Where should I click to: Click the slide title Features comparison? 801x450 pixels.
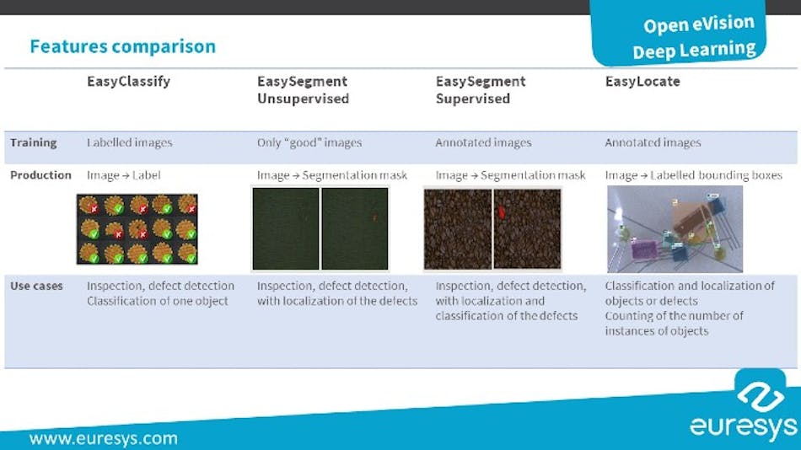click(x=123, y=46)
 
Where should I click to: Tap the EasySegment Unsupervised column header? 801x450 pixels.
click(x=303, y=90)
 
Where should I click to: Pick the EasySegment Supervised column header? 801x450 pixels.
click(x=480, y=90)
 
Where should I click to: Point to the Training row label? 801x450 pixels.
click(x=34, y=142)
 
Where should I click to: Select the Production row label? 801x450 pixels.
click(x=40, y=175)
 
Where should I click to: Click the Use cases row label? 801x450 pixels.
click(x=36, y=286)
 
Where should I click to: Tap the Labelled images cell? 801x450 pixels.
click(x=129, y=142)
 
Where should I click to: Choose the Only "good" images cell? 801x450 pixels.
click(x=309, y=142)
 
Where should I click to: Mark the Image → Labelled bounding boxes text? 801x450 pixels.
click(x=693, y=175)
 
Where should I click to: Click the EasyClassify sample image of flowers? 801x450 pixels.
click(x=137, y=229)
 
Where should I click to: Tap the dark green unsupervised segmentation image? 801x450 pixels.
click(x=320, y=228)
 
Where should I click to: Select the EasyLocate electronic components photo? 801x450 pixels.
click(x=675, y=228)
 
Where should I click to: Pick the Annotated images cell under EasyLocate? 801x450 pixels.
click(x=653, y=142)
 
